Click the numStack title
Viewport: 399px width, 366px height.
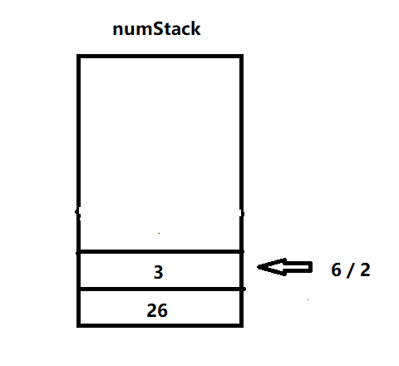coord(156,29)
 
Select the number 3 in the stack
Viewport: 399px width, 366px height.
coord(159,272)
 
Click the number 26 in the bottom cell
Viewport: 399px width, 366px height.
coord(157,310)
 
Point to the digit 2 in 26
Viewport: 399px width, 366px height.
coord(152,310)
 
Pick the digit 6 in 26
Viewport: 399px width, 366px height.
coord(163,310)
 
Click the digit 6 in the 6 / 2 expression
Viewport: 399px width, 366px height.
coord(337,270)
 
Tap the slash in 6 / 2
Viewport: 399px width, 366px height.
coord(351,270)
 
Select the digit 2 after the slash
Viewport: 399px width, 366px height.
coord(365,270)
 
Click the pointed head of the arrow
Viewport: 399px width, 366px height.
coord(258,267)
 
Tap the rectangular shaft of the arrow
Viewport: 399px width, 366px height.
coord(298,267)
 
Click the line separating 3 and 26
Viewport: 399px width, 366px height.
coord(160,289)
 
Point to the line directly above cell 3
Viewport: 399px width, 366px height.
coord(160,252)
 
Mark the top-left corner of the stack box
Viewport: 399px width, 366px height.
coord(77,55)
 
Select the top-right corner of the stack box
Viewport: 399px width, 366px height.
coord(243,55)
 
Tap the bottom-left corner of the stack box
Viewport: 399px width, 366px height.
coord(77,327)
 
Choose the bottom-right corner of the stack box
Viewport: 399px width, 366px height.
coord(243,327)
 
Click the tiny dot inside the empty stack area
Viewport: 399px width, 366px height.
coord(159,234)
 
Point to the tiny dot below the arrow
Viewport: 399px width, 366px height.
coord(308,299)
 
